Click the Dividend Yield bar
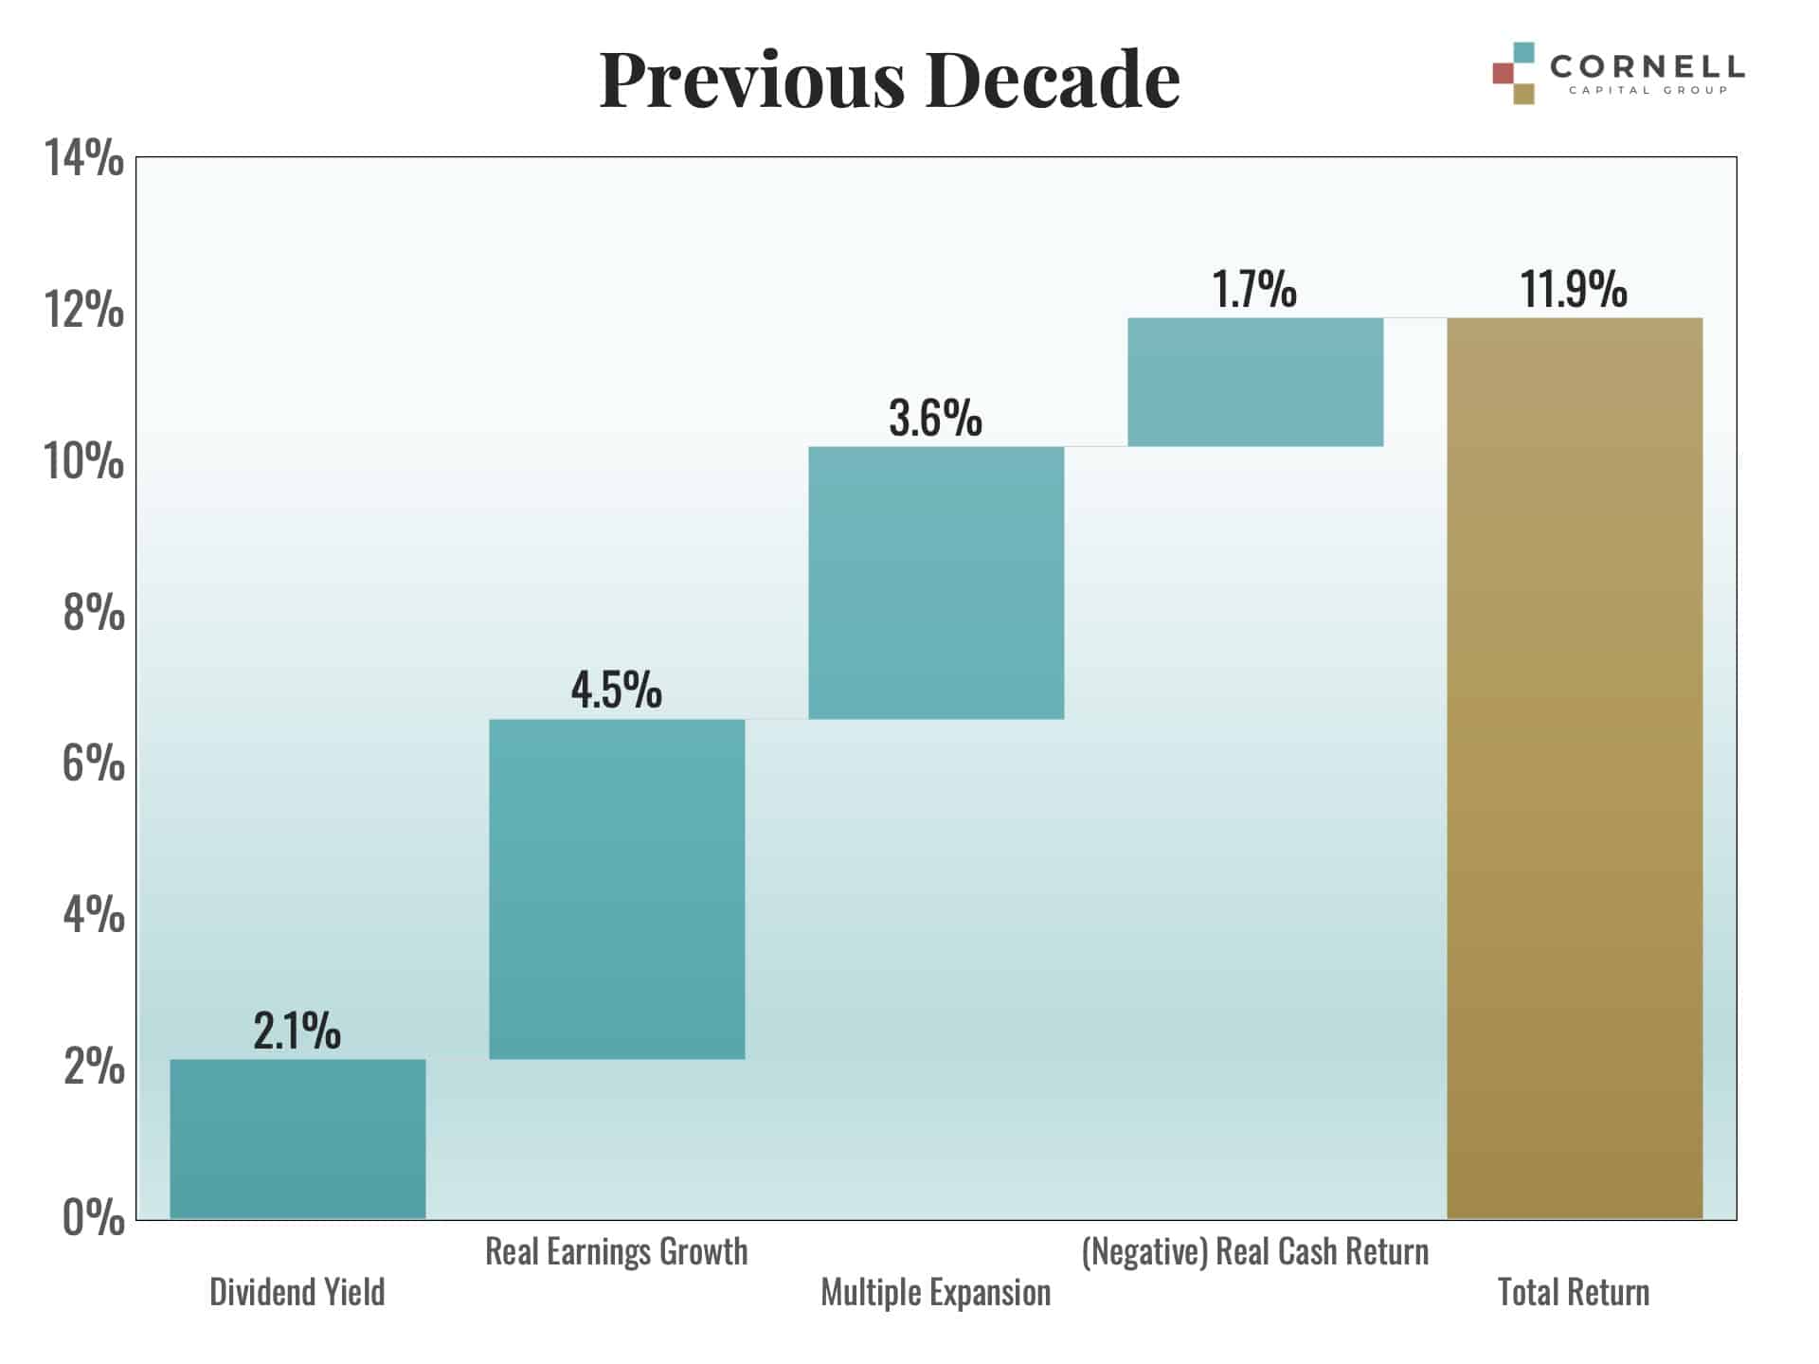297,1138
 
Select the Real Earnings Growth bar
617,888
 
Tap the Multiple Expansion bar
936,583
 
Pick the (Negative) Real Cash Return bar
1255,382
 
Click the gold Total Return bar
1575,767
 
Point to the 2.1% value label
297,1031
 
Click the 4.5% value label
616,690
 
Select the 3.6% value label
935,418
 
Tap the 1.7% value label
1254,289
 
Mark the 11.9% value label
1574,289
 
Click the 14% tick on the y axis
84,158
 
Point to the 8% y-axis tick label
94,613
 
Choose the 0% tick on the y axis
94,1218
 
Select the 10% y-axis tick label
84,461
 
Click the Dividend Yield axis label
297,1292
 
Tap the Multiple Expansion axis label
936,1292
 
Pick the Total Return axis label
1574,1292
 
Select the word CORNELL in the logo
1647,66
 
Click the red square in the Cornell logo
1503,73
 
